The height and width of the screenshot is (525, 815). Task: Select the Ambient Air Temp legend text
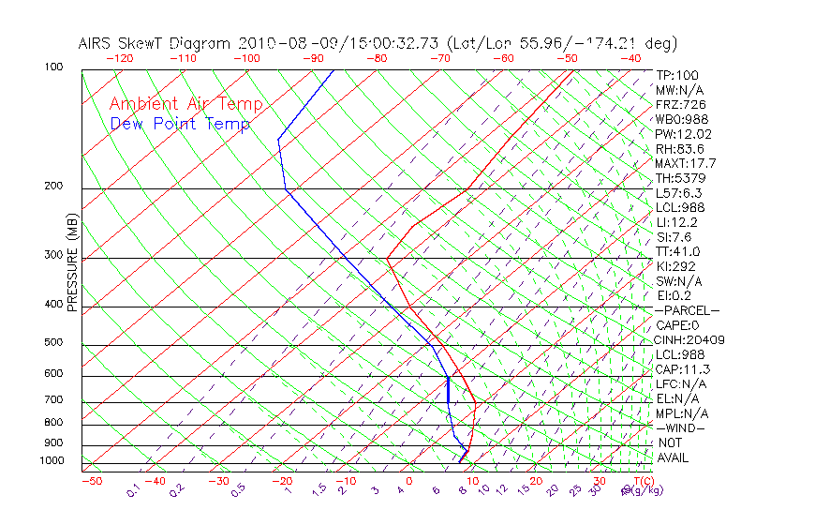[185, 104]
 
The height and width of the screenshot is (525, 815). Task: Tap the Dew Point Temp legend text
[179, 124]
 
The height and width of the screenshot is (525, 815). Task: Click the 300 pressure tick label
[53, 255]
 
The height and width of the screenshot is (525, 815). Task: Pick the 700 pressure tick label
[53, 400]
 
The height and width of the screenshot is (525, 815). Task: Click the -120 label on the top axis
[119, 58]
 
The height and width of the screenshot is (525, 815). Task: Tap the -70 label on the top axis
[438, 58]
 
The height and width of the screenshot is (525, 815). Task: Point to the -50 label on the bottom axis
[91, 481]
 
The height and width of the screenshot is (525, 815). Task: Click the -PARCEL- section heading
[688, 310]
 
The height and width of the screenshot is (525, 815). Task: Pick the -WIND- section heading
[681, 427]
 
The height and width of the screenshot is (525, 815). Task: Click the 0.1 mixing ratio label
[133, 491]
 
